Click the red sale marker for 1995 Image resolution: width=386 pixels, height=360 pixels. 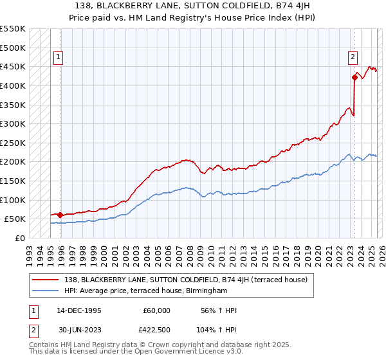[60, 215]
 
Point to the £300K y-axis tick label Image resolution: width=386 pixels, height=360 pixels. [14, 123]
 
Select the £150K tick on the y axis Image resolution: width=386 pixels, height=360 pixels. [14, 181]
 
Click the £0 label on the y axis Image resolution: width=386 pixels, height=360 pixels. [19, 238]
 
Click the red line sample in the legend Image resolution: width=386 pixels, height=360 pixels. [46, 280]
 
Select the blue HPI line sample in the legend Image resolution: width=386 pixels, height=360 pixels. [46, 291]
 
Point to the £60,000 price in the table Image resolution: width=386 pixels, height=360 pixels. [157, 310]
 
